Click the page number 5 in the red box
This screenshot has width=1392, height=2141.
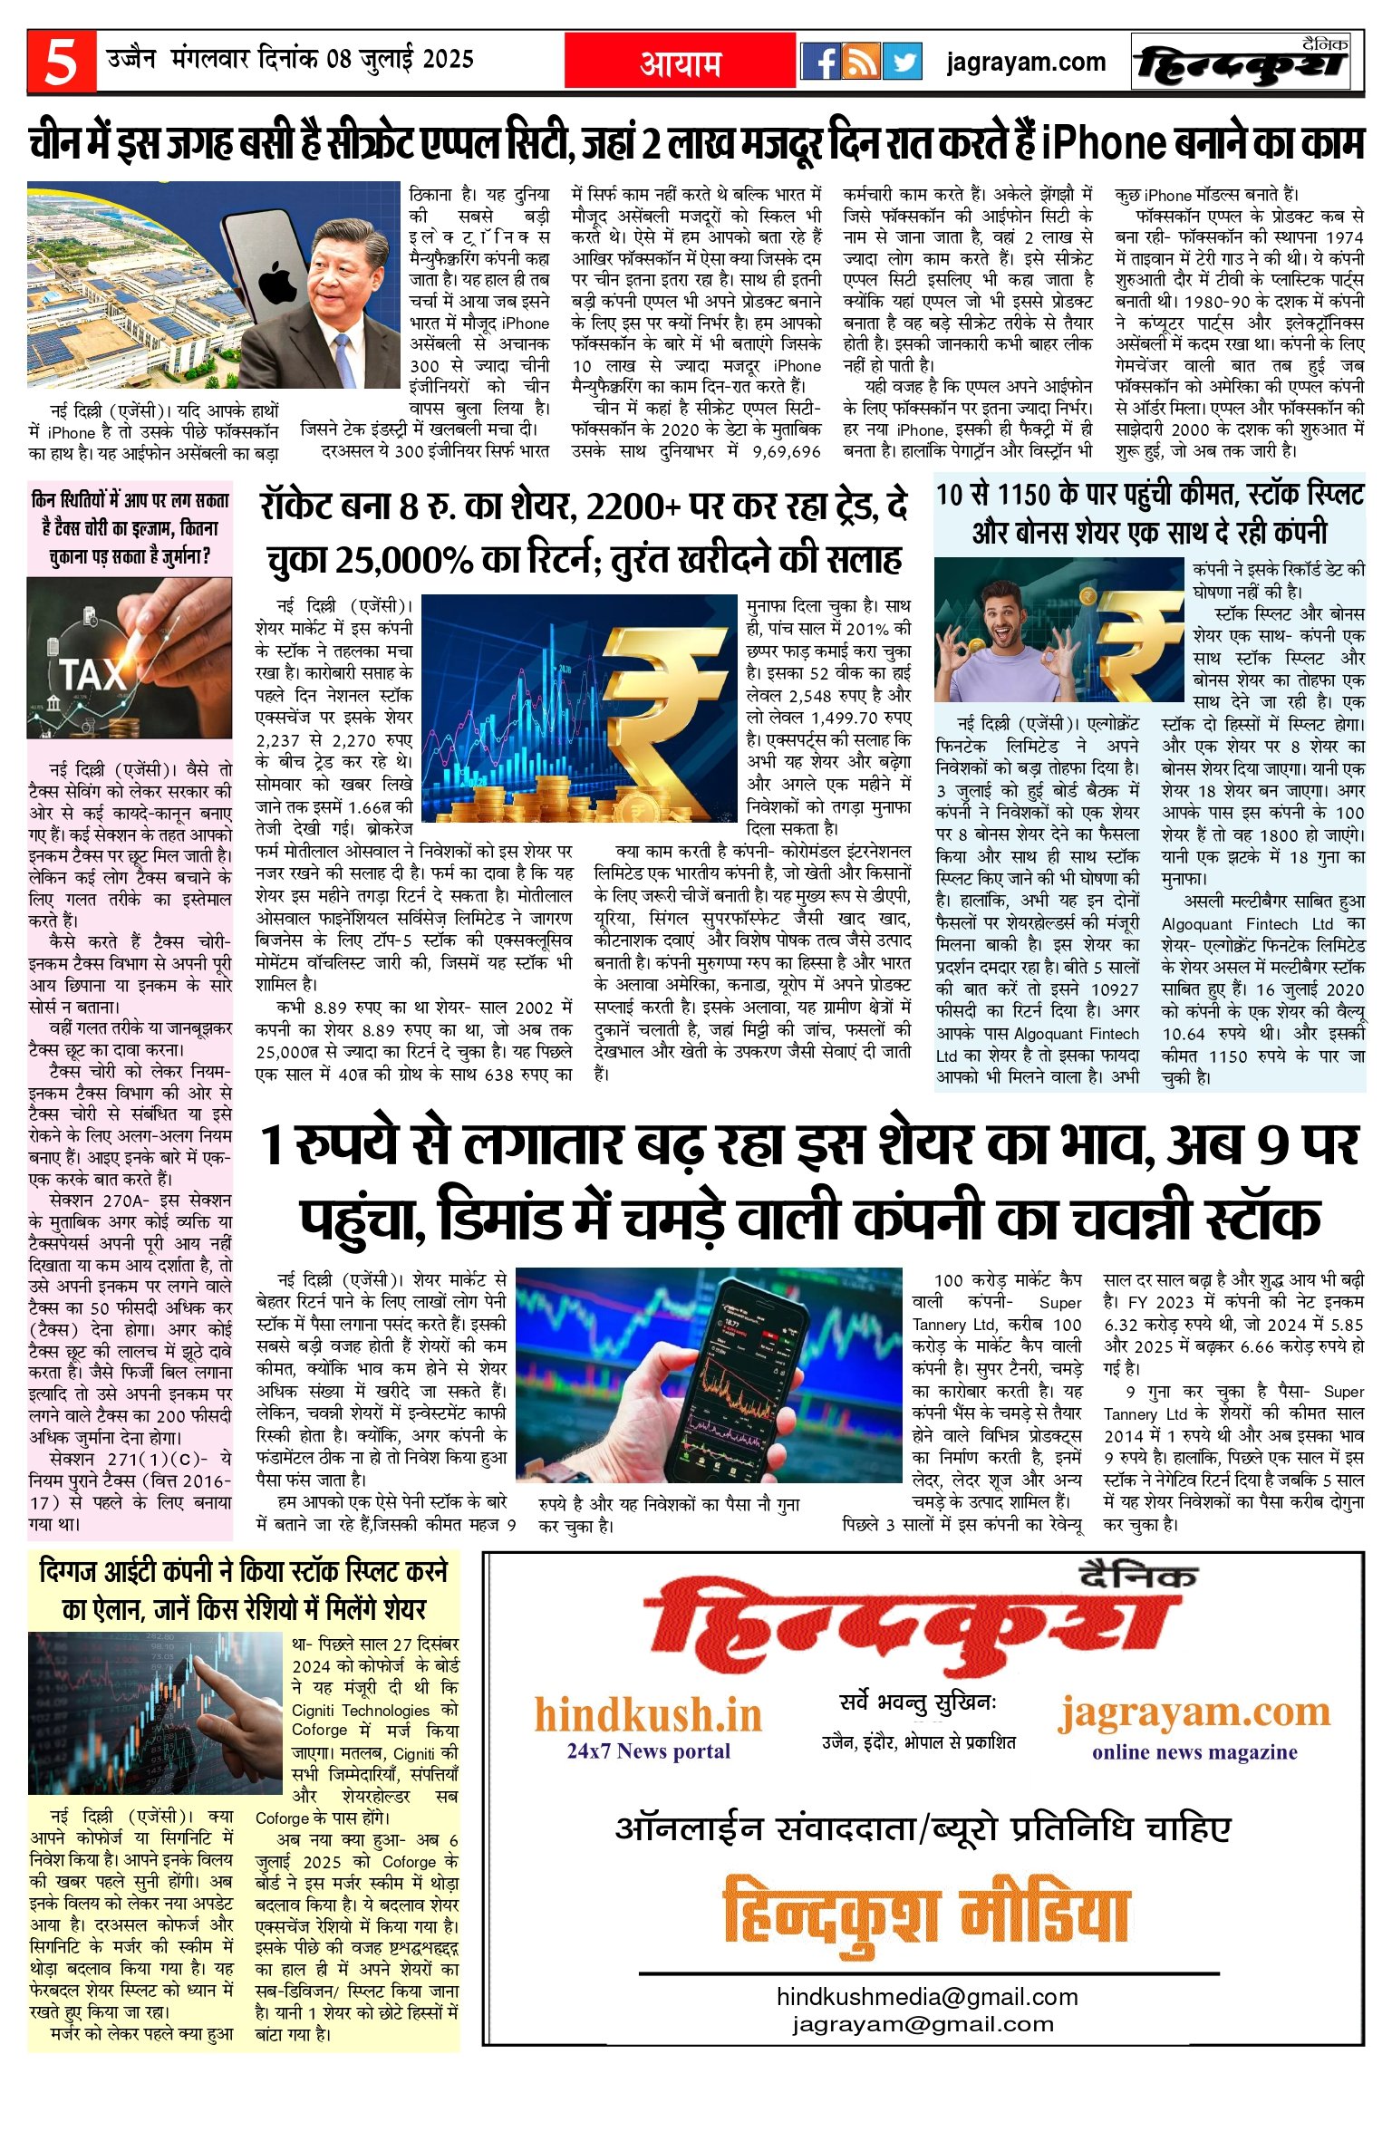coord(61,63)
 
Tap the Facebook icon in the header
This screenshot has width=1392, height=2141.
coord(820,62)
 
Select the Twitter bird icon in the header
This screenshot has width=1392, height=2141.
coord(903,62)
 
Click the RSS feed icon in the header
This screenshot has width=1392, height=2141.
coord(861,62)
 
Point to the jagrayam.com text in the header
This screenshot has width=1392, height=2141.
coord(1026,63)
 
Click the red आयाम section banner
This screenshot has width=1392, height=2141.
coord(681,63)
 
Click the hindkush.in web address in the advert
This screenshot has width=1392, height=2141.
coord(648,1715)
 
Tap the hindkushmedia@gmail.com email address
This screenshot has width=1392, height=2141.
coord(927,1996)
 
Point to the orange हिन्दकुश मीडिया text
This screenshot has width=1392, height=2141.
coord(925,1914)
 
